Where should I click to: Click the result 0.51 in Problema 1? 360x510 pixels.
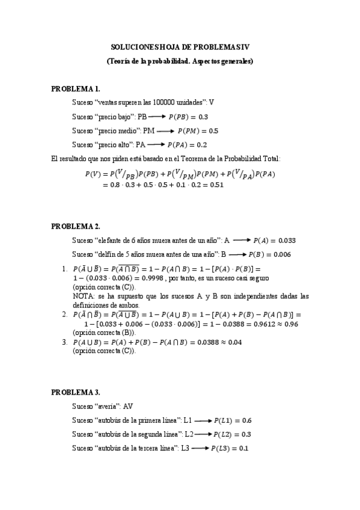click(215, 185)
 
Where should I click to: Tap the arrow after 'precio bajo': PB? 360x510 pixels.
click(156, 117)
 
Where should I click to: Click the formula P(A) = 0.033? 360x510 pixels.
click(274, 240)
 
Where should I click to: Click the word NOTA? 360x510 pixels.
click(82, 296)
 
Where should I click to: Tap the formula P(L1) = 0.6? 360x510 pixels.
click(233, 420)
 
